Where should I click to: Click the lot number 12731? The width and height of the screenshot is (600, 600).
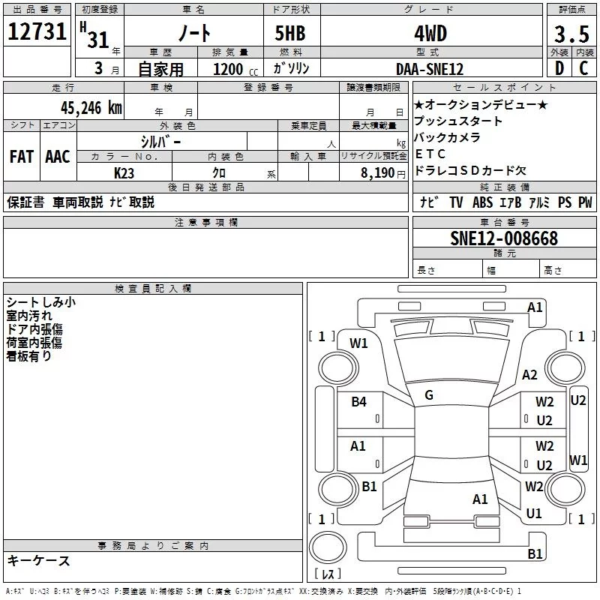(x=37, y=33)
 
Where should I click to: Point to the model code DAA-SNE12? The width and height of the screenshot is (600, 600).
(x=430, y=69)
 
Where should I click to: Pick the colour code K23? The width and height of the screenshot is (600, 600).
(x=124, y=172)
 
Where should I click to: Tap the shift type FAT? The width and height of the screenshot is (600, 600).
(x=22, y=157)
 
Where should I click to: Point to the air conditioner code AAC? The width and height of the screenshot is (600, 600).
(x=57, y=157)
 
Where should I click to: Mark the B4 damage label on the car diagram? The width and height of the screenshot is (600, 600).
(x=359, y=402)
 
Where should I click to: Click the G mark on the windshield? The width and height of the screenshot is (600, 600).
(x=429, y=395)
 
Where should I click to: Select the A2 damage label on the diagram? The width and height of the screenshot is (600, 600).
(x=530, y=375)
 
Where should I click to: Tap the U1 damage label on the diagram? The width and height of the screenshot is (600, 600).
(x=534, y=514)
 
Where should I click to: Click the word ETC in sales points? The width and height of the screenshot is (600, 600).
(x=430, y=154)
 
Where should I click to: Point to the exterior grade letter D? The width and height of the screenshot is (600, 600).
(x=559, y=69)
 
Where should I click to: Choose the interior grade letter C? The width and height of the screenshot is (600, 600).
(x=583, y=69)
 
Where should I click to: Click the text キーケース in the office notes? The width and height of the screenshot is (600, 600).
(x=39, y=560)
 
